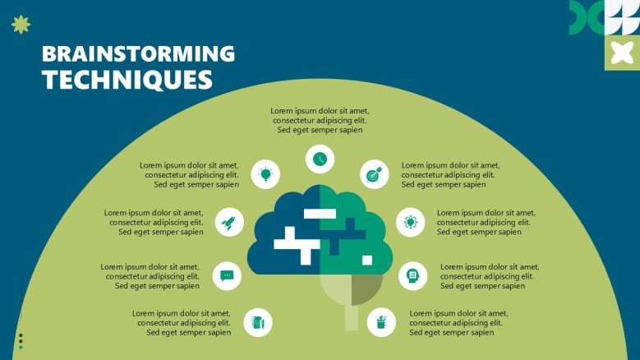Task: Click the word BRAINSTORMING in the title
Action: pos(138,53)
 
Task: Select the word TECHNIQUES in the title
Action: pos(127,80)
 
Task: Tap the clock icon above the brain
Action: pos(320,159)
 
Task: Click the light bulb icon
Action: pos(265,174)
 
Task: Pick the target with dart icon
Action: pos(375,174)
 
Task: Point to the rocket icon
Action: pos(229,223)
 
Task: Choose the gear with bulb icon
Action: pos(410,222)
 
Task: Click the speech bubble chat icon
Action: pos(227,276)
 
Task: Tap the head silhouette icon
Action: pos(413,276)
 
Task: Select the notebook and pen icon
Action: pos(258,322)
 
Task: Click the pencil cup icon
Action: pos(381,322)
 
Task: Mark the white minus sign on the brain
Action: pos(320,214)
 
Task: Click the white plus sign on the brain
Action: pos(297,245)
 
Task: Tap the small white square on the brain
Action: pos(367,260)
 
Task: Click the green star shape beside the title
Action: pos(21,25)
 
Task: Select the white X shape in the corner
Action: pos(622,53)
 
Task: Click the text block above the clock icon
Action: pos(320,120)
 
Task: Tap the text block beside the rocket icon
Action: pos(154,223)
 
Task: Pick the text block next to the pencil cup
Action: pos(458,323)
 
